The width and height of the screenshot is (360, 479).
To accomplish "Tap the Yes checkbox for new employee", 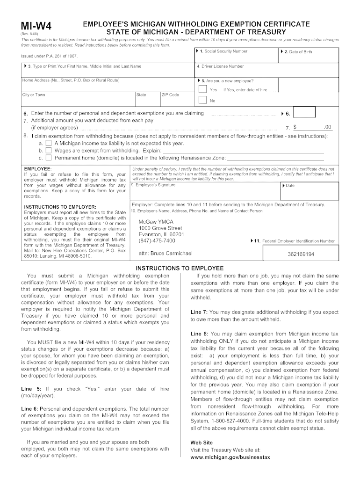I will pos(202,89).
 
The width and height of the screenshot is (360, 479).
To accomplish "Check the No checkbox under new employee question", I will pos(202,100).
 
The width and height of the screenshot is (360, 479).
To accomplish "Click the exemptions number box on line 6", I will pos(306,113).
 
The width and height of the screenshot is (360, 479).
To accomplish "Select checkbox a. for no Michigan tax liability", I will pos(49,143).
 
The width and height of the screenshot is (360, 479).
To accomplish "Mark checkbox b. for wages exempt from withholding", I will pos(49,151).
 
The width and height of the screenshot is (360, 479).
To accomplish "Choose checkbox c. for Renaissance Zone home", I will pos(49,158).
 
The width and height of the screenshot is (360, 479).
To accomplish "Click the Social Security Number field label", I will pos(223,51).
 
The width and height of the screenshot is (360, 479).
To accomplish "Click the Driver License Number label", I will pos(220,66).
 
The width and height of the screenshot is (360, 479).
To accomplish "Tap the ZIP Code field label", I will pos(170,94).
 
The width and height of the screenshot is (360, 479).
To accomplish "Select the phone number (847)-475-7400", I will pos(157,241).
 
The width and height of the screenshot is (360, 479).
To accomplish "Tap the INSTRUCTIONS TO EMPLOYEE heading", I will pos(180,268).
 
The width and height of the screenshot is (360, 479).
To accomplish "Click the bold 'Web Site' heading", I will pos(202,442).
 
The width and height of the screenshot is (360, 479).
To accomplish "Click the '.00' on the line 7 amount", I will pos(327,127).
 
